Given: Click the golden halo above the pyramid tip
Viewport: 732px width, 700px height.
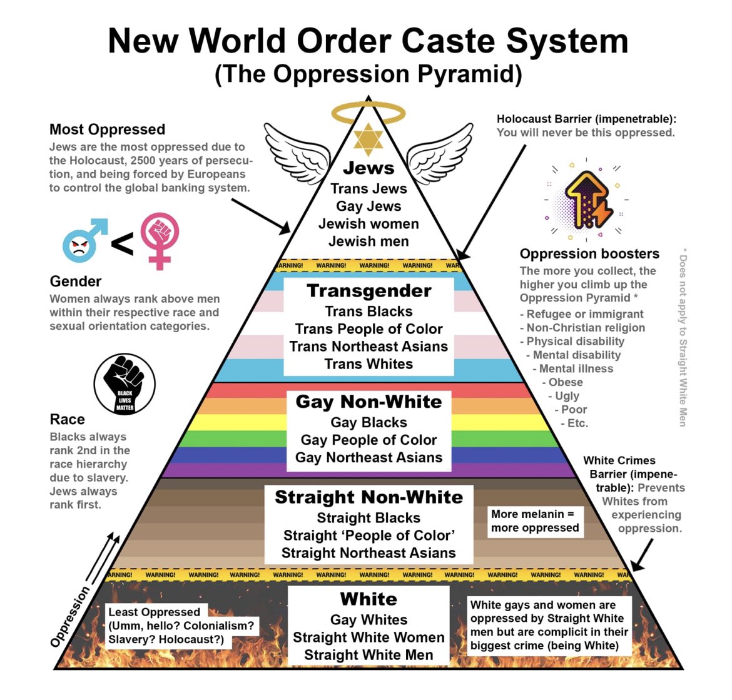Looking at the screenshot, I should tap(368, 113).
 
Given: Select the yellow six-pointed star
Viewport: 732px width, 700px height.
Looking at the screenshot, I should tap(368, 139).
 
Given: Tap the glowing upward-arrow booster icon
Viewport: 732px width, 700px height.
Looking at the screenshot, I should tap(586, 199).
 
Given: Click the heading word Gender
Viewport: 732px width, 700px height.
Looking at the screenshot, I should tap(75, 282).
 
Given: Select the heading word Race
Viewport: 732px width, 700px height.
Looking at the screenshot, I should tap(67, 419).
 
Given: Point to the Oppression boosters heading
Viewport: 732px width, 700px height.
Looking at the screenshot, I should tap(589, 254).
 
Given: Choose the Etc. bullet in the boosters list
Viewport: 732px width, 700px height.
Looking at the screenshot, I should tap(577, 424).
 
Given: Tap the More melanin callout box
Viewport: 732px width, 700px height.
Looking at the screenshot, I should tap(534, 521).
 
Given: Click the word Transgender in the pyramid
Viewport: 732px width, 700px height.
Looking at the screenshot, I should tap(369, 291).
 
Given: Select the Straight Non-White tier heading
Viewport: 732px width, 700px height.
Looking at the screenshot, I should tap(369, 497).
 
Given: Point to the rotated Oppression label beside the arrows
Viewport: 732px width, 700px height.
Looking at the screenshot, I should tap(69, 617).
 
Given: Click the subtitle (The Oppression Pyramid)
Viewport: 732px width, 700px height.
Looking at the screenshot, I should tap(368, 74).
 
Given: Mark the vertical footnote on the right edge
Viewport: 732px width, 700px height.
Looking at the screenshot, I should tap(683, 338).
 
